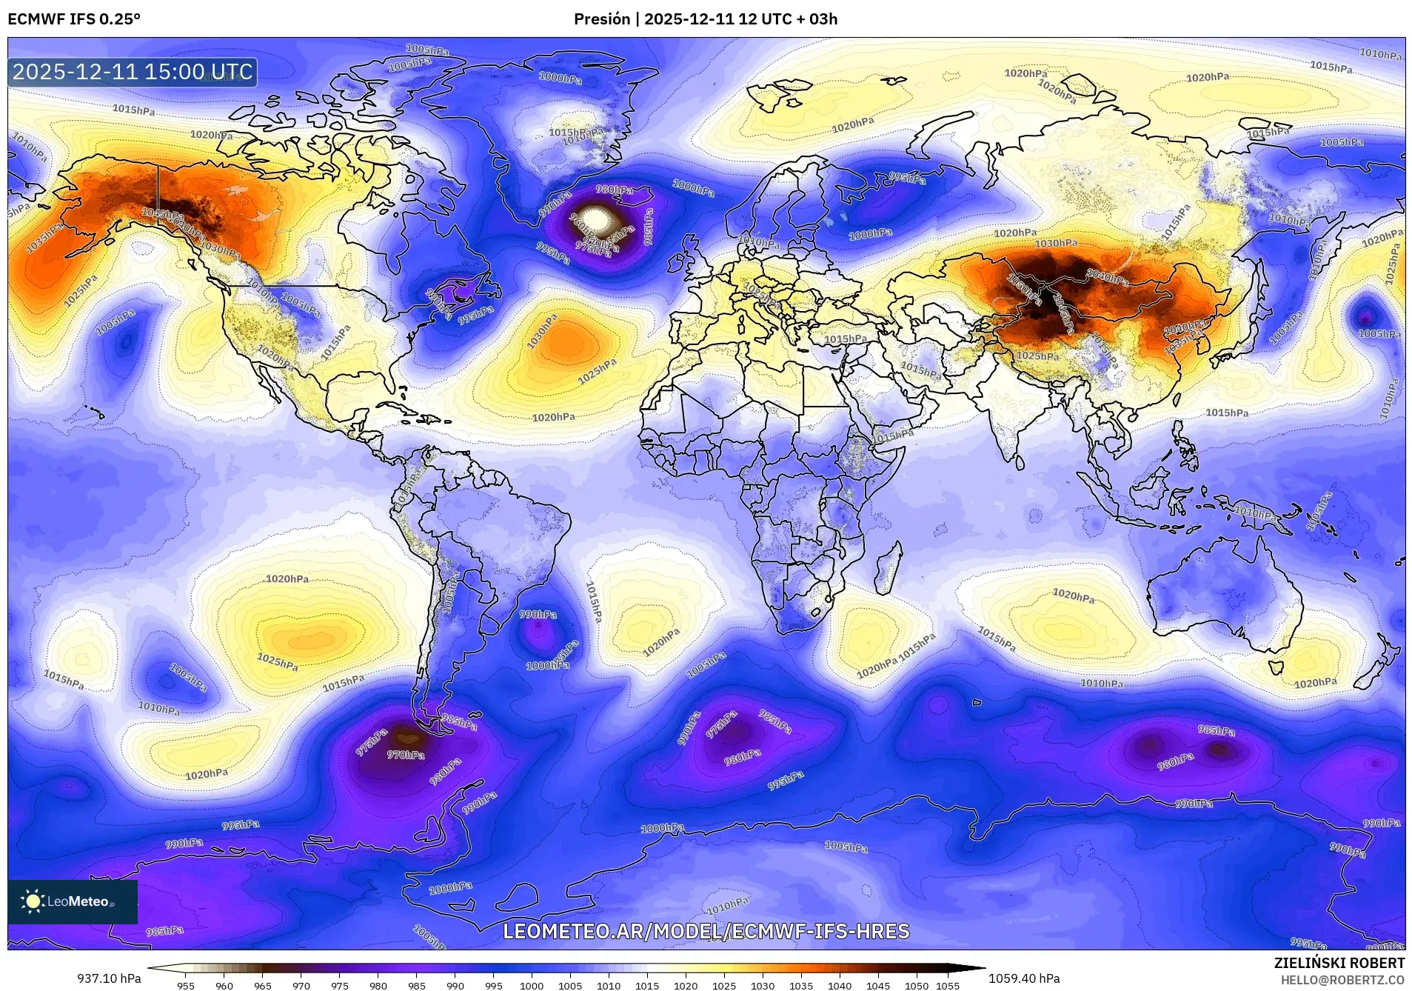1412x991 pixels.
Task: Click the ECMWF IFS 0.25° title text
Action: [74, 19]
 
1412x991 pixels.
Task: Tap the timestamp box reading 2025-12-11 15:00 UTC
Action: [133, 72]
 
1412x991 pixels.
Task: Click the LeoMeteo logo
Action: [72, 901]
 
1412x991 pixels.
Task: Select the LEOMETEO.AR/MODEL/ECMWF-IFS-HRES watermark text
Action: [706, 931]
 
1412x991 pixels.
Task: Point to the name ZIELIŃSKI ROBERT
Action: [1339, 963]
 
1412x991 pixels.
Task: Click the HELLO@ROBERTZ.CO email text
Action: [1342, 980]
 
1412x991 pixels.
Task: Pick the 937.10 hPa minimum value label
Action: [109, 978]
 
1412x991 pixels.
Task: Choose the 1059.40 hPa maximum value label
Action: [1024, 978]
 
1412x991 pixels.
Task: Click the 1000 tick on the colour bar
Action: [532, 986]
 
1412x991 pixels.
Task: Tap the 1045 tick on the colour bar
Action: [878, 986]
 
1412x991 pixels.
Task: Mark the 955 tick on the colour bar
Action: [186, 986]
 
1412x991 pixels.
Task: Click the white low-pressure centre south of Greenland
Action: [597, 220]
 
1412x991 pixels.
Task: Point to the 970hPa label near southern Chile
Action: [406, 755]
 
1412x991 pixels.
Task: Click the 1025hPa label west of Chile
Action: [277, 661]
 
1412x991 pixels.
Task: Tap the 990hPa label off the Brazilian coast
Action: [538, 614]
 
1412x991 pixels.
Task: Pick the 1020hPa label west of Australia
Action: [1073, 595]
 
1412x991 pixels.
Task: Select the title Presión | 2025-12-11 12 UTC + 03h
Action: [705, 19]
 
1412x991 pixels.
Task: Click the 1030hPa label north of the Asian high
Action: [1056, 243]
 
